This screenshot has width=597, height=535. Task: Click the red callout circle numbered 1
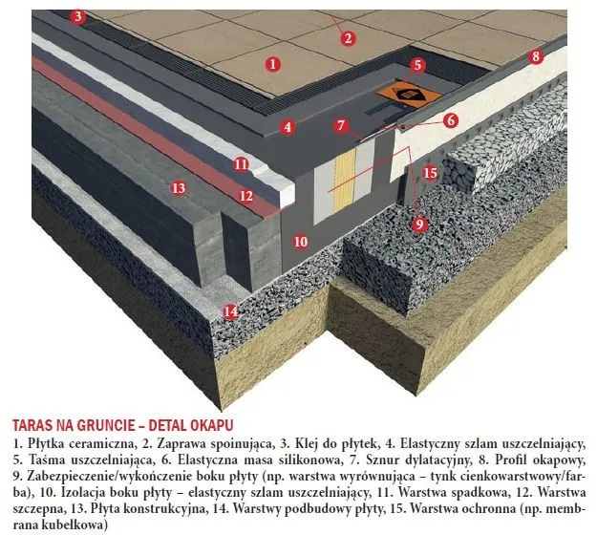click(x=273, y=64)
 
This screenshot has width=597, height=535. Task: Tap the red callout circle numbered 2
click(x=348, y=38)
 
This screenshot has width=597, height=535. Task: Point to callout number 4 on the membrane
click(x=288, y=126)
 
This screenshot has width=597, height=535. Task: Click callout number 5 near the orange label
click(x=416, y=65)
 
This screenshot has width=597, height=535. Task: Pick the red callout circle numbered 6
click(x=450, y=120)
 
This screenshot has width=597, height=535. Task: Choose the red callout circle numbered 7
click(x=341, y=125)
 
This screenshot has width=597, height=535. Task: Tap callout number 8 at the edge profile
click(x=536, y=56)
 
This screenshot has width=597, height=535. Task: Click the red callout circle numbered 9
click(x=418, y=224)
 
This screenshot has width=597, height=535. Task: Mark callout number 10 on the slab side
click(x=301, y=242)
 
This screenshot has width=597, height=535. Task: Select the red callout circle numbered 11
click(x=241, y=164)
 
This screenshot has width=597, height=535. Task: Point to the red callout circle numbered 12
click(x=246, y=196)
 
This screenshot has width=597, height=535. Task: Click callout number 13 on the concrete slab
click(x=178, y=188)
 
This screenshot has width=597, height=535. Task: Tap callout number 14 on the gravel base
click(x=229, y=310)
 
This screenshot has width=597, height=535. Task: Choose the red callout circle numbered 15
click(x=430, y=173)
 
